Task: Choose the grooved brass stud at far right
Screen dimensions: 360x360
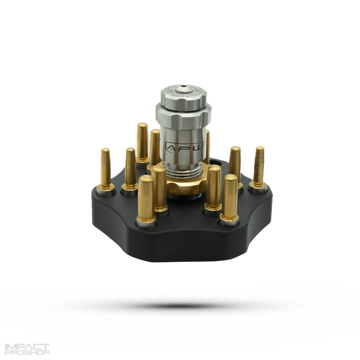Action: pos(259,165)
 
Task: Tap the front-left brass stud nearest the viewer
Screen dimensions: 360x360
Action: pos(146,199)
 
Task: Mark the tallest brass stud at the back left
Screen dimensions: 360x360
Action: pos(142,141)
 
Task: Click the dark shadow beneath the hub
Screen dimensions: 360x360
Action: pos(183,305)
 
